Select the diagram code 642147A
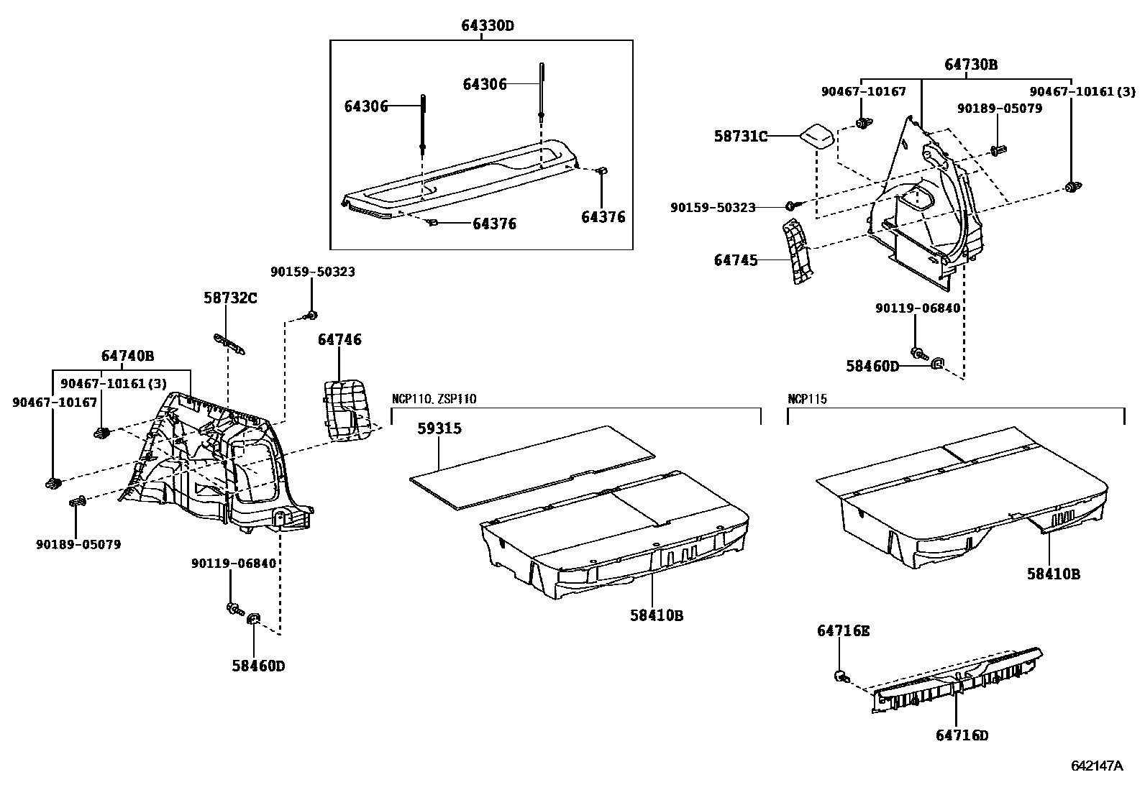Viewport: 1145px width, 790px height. (1096, 766)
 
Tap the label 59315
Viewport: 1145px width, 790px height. (439, 428)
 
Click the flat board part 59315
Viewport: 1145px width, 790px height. (532, 467)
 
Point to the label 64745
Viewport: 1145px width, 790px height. (736, 260)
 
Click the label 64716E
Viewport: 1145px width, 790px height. (843, 631)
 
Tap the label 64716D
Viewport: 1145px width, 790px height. (962, 735)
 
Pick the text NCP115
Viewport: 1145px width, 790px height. (807, 399)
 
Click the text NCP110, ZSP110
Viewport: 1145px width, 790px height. (434, 399)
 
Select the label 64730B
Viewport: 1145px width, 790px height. (971, 65)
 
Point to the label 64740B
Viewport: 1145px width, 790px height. (127, 356)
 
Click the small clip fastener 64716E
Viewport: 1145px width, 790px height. (840, 675)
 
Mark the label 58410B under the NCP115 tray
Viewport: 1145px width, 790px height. (1053, 574)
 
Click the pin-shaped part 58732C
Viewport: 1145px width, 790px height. (229, 342)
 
